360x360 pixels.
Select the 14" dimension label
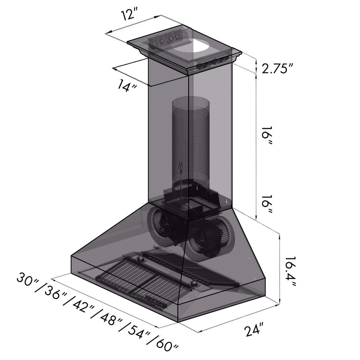pyautogui.click(x=126, y=86)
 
